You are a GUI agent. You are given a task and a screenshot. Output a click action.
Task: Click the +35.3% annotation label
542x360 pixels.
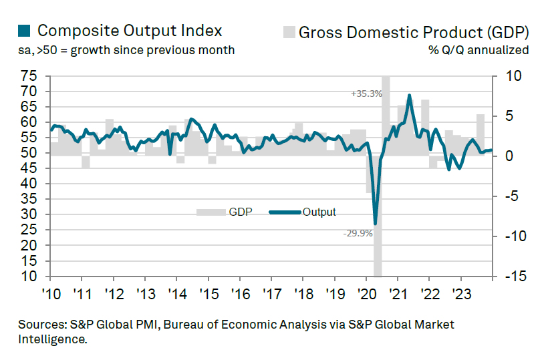366,94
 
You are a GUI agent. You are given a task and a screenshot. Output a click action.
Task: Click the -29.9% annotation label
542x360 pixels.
358,233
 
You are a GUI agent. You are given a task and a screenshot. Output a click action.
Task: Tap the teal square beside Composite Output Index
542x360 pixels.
23,31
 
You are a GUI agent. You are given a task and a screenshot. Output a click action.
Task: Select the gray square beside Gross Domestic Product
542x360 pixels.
289,31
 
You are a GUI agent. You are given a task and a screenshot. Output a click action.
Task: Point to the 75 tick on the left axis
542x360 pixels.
29,76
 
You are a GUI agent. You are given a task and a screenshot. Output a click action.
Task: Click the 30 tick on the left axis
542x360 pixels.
29,214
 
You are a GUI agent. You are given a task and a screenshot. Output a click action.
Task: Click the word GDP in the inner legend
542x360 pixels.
240,212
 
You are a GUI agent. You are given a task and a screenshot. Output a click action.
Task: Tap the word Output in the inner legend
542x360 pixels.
319,212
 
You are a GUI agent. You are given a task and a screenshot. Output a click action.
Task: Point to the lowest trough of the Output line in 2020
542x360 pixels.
375,224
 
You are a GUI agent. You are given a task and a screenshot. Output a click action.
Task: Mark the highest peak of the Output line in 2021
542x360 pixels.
409,96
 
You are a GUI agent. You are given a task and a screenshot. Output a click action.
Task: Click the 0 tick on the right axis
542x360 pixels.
510,156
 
